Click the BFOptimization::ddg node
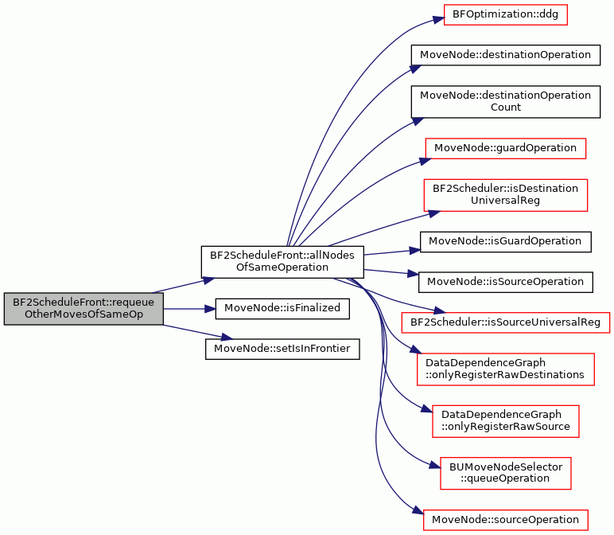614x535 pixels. click(x=506, y=15)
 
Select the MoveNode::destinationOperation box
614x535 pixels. click(x=506, y=55)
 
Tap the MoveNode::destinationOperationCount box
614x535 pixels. click(x=506, y=102)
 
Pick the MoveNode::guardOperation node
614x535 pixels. click(x=506, y=149)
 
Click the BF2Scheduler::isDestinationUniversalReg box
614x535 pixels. click(x=506, y=195)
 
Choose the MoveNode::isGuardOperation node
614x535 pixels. click(x=506, y=242)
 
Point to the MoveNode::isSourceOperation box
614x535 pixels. click(x=506, y=282)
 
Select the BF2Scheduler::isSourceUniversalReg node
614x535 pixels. click(x=506, y=323)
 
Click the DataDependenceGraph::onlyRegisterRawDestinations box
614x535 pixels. click(x=506, y=369)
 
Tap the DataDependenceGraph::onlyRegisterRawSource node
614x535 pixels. click(x=506, y=421)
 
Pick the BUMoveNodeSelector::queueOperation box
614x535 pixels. click(x=506, y=474)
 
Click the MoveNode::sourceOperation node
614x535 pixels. click(x=506, y=520)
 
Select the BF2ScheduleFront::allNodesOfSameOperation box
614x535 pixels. click(x=282, y=262)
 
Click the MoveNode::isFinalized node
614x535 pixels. click(x=282, y=309)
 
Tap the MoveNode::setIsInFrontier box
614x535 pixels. click(x=282, y=350)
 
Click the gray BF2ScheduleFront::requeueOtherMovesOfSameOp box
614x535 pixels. click(x=84, y=309)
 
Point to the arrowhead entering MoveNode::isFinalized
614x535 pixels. click(x=210, y=309)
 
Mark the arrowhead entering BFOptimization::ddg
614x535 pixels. click(x=438, y=19)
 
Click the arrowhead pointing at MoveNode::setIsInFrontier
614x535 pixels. click(x=227, y=336)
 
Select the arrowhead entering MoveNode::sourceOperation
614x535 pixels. click(x=418, y=510)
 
